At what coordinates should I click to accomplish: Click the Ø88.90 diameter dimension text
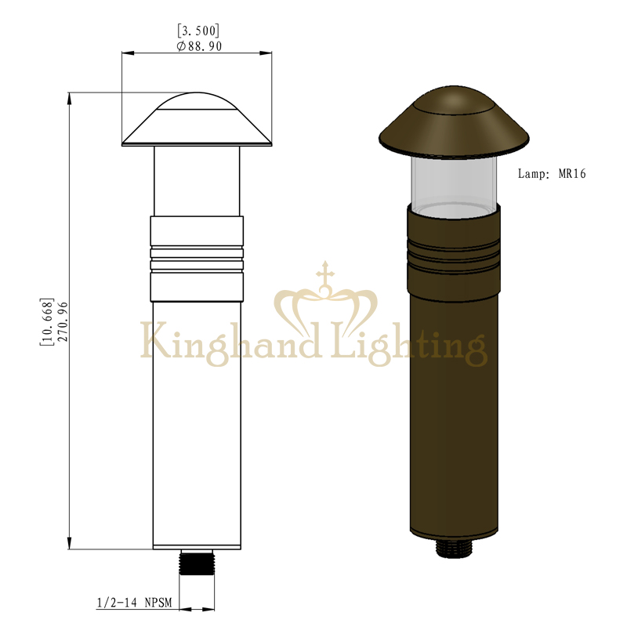(x=199, y=46)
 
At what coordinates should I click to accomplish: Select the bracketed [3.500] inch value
(x=198, y=31)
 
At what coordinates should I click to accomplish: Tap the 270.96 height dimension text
(x=63, y=322)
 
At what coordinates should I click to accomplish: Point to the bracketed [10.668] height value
(x=46, y=322)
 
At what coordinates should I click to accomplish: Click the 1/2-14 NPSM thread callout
(x=134, y=603)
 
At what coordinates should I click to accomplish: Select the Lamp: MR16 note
(x=552, y=173)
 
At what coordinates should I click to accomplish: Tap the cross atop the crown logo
(x=325, y=273)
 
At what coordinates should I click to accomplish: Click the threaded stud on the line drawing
(x=197, y=562)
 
